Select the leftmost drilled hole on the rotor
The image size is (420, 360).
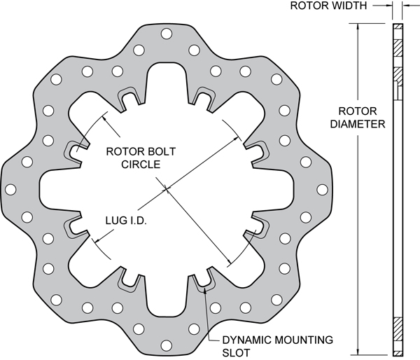pos(12,189)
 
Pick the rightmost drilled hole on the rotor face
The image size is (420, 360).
pos(321,189)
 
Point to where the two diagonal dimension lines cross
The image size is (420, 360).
pos(167,188)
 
